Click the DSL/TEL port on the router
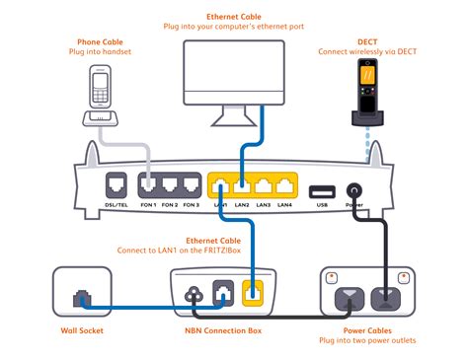(117, 185)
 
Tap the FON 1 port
(148, 185)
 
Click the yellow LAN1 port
(219, 185)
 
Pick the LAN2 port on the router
(241, 185)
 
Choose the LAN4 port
(284, 185)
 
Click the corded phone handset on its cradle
(102, 93)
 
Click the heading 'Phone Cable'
(101, 43)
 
